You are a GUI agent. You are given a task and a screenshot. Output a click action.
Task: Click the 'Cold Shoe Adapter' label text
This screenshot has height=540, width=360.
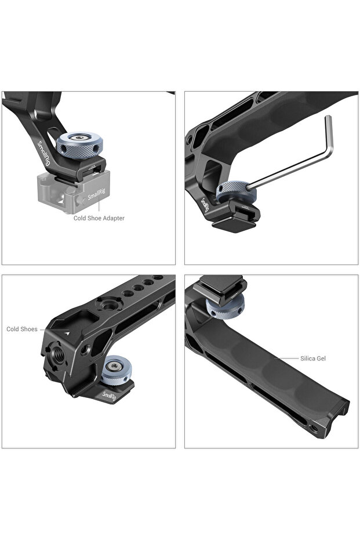(x=99, y=218)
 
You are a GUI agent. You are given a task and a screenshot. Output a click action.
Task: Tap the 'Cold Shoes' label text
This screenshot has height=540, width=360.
(x=21, y=329)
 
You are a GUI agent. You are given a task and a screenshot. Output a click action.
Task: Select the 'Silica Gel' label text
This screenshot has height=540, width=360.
(x=313, y=358)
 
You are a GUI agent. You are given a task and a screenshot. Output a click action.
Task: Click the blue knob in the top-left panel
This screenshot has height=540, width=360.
(x=79, y=144)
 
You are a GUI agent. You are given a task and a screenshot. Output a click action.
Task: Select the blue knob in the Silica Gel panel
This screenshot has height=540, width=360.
(x=225, y=306)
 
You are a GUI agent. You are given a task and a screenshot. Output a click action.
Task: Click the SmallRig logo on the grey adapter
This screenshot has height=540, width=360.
(x=97, y=194)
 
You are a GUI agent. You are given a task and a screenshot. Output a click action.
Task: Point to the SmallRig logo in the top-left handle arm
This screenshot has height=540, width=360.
(x=43, y=154)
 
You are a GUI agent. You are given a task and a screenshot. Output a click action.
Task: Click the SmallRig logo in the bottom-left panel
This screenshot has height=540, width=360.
(x=110, y=396)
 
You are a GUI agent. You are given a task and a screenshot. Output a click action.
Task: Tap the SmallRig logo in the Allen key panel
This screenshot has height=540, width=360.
(x=205, y=205)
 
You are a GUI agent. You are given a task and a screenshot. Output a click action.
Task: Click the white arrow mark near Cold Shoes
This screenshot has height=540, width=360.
(x=67, y=333)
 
